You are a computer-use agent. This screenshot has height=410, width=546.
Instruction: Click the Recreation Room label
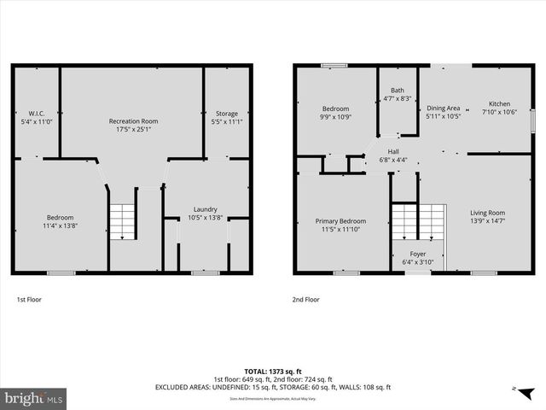pyautogui.click(x=133, y=121)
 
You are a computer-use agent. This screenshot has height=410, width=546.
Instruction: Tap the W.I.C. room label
pyautogui.click(x=37, y=114)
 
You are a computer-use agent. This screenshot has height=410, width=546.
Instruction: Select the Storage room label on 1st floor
pyautogui.click(x=227, y=114)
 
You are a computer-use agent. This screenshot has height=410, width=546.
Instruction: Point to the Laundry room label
pyautogui.click(x=205, y=208)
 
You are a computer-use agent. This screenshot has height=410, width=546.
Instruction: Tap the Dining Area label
pyautogui.click(x=444, y=108)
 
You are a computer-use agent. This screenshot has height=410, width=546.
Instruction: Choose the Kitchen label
pyautogui.click(x=499, y=103)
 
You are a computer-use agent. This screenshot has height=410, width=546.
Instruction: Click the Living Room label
pyautogui.click(x=487, y=213)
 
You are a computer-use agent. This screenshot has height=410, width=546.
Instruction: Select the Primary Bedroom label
pyautogui.click(x=340, y=220)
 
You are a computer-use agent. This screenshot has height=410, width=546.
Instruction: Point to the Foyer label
pyautogui.click(x=418, y=254)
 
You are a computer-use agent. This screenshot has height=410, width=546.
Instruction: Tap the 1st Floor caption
pyautogui.click(x=29, y=300)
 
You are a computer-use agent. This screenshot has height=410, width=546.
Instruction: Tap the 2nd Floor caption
pyautogui.click(x=305, y=300)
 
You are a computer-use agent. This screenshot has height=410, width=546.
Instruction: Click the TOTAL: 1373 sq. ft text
pyautogui.click(x=273, y=371)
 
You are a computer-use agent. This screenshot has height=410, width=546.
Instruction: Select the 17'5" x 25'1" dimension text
pyautogui.click(x=133, y=130)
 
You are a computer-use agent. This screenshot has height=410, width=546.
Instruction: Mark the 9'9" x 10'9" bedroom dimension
pyautogui.click(x=335, y=116)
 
